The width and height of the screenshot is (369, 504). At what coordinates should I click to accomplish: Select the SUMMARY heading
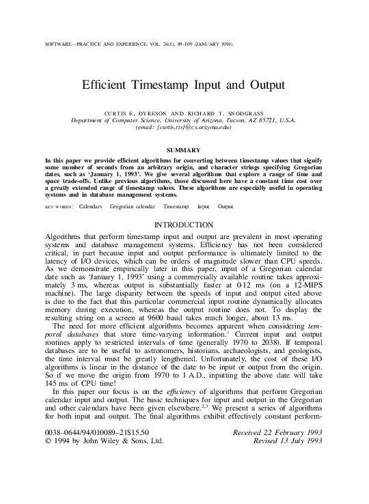[184, 150]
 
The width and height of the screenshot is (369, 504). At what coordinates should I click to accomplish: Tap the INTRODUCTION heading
[184, 225]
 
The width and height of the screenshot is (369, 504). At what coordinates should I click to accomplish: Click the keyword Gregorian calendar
[133, 206]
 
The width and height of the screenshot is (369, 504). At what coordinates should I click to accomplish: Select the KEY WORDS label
[59, 206]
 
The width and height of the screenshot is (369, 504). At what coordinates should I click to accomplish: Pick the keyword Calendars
[91, 206]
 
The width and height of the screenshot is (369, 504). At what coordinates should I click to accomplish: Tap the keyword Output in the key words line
[225, 206]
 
